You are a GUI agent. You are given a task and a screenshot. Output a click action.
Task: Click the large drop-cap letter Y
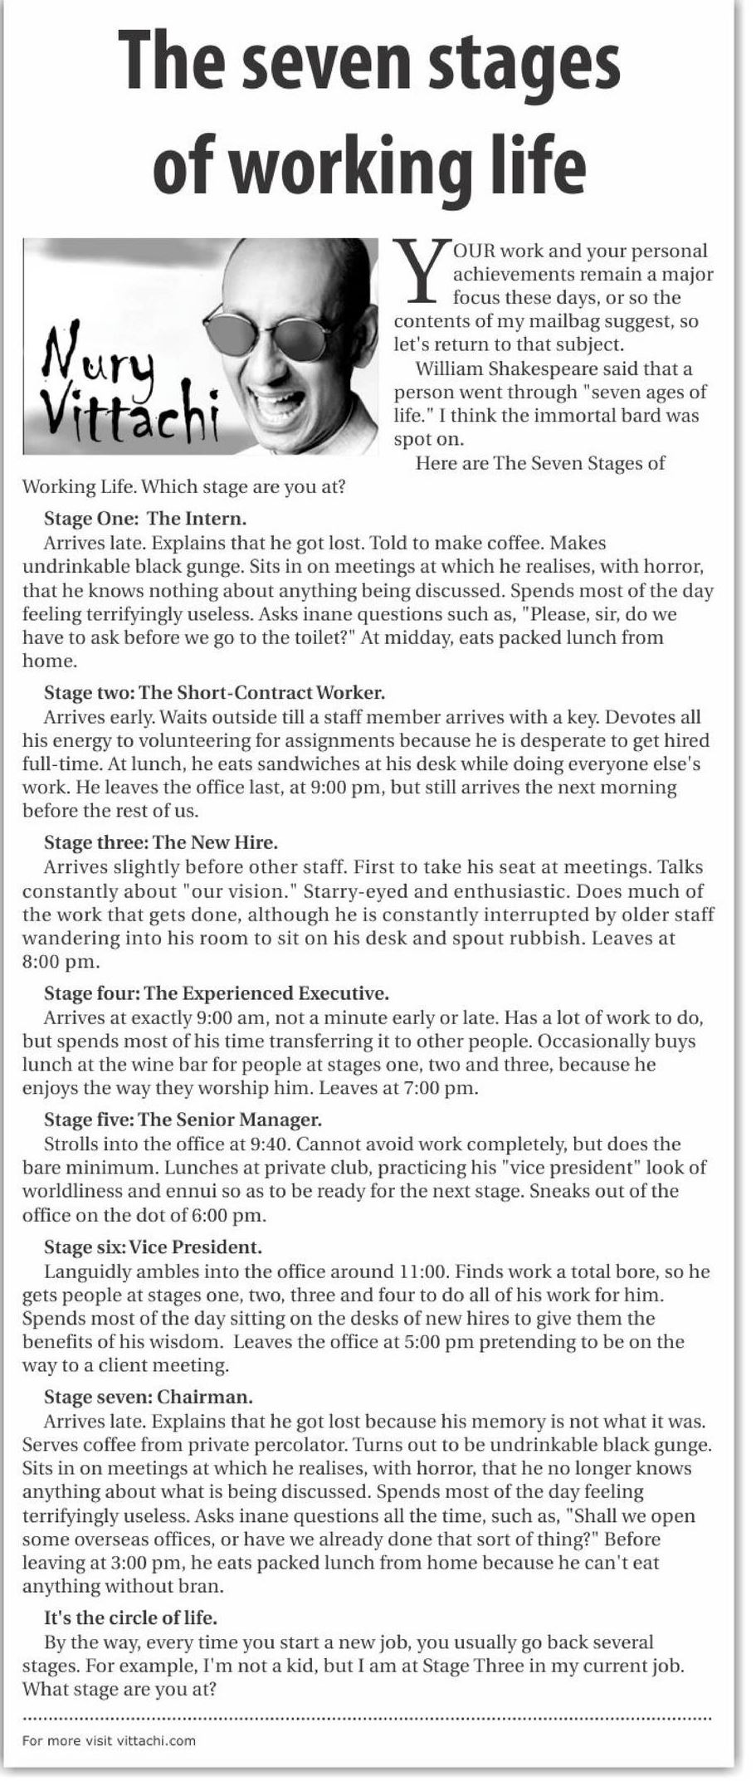click(421, 271)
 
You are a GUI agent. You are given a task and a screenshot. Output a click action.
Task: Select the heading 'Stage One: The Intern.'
click(145, 520)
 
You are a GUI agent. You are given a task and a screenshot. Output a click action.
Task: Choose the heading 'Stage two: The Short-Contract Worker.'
click(214, 693)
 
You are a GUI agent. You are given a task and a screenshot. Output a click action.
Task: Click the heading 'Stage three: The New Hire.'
click(160, 843)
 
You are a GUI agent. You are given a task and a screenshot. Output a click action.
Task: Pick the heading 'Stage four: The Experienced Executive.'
click(217, 993)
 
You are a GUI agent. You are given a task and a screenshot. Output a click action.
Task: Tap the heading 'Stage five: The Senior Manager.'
click(183, 1120)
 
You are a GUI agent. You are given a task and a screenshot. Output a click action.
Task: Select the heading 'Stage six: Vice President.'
click(153, 1247)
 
